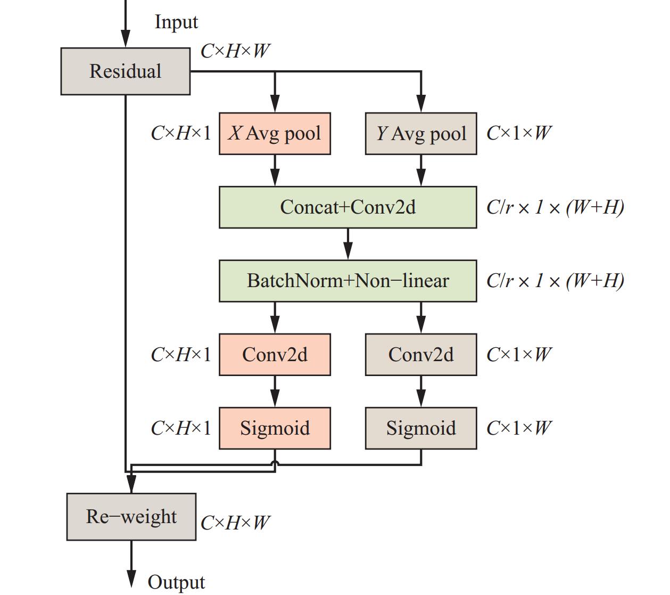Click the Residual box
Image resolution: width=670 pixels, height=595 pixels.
(x=126, y=71)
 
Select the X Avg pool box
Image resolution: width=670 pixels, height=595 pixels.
(x=275, y=133)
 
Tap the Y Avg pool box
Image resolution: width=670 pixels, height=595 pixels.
(x=421, y=133)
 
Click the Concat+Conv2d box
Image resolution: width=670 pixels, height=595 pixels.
(x=348, y=207)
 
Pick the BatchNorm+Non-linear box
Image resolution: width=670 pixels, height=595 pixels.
(x=348, y=281)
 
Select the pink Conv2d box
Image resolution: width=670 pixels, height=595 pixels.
(x=275, y=355)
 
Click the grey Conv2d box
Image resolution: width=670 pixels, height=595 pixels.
(x=421, y=355)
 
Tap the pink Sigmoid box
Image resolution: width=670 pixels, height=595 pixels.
(x=275, y=428)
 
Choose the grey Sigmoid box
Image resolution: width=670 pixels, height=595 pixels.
(x=421, y=428)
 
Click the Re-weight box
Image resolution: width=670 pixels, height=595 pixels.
(x=131, y=517)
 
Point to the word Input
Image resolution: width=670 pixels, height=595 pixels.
(x=176, y=22)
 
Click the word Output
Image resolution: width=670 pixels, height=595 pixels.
(x=176, y=582)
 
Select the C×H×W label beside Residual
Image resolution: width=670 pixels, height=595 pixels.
(x=235, y=51)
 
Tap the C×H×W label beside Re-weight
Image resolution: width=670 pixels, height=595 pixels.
(x=235, y=523)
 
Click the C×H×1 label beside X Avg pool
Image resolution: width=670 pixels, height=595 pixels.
(x=181, y=133)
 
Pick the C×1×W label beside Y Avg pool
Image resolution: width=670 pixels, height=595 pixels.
(x=519, y=133)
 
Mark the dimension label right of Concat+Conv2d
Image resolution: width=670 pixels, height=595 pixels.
(x=555, y=207)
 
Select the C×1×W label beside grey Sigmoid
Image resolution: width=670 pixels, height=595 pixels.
(x=519, y=428)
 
